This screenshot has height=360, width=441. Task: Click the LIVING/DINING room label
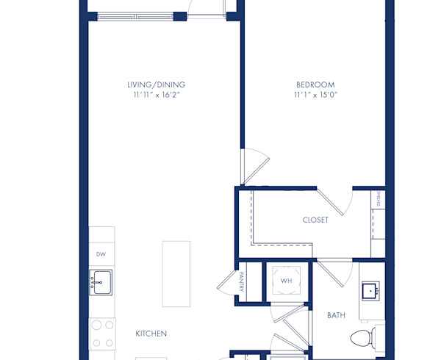(x=156, y=84)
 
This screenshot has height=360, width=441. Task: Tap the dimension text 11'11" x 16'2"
(x=156, y=95)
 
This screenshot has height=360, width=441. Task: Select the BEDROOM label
(x=315, y=84)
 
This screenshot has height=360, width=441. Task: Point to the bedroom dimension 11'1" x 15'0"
(x=315, y=95)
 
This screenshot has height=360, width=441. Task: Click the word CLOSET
(x=315, y=220)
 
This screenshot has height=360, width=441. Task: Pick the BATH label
(x=336, y=315)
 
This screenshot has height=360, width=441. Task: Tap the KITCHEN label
(x=151, y=334)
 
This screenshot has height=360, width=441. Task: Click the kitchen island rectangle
(x=176, y=273)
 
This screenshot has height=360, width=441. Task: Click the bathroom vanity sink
(x=370, y=292)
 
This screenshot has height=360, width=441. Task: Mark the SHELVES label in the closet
(x=379, y=199)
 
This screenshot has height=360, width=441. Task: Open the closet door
(x=334, y=200)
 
